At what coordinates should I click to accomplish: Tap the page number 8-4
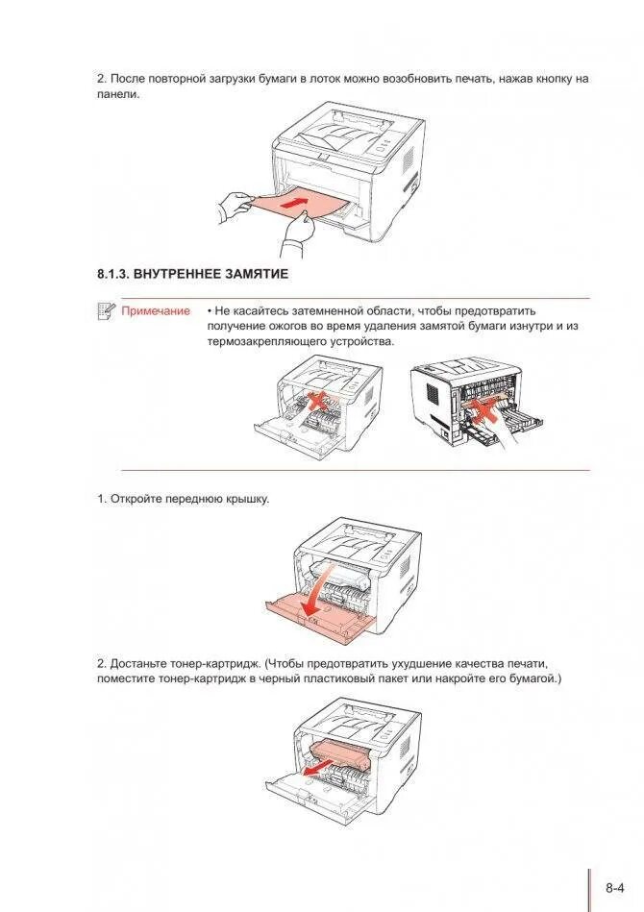click(616, 887)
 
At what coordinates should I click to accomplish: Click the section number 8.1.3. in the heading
click(112, 274)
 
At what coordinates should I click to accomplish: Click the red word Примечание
click(156, 311)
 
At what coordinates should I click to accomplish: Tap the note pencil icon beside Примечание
click(106, 310)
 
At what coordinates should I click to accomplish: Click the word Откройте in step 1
click(137, 499)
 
